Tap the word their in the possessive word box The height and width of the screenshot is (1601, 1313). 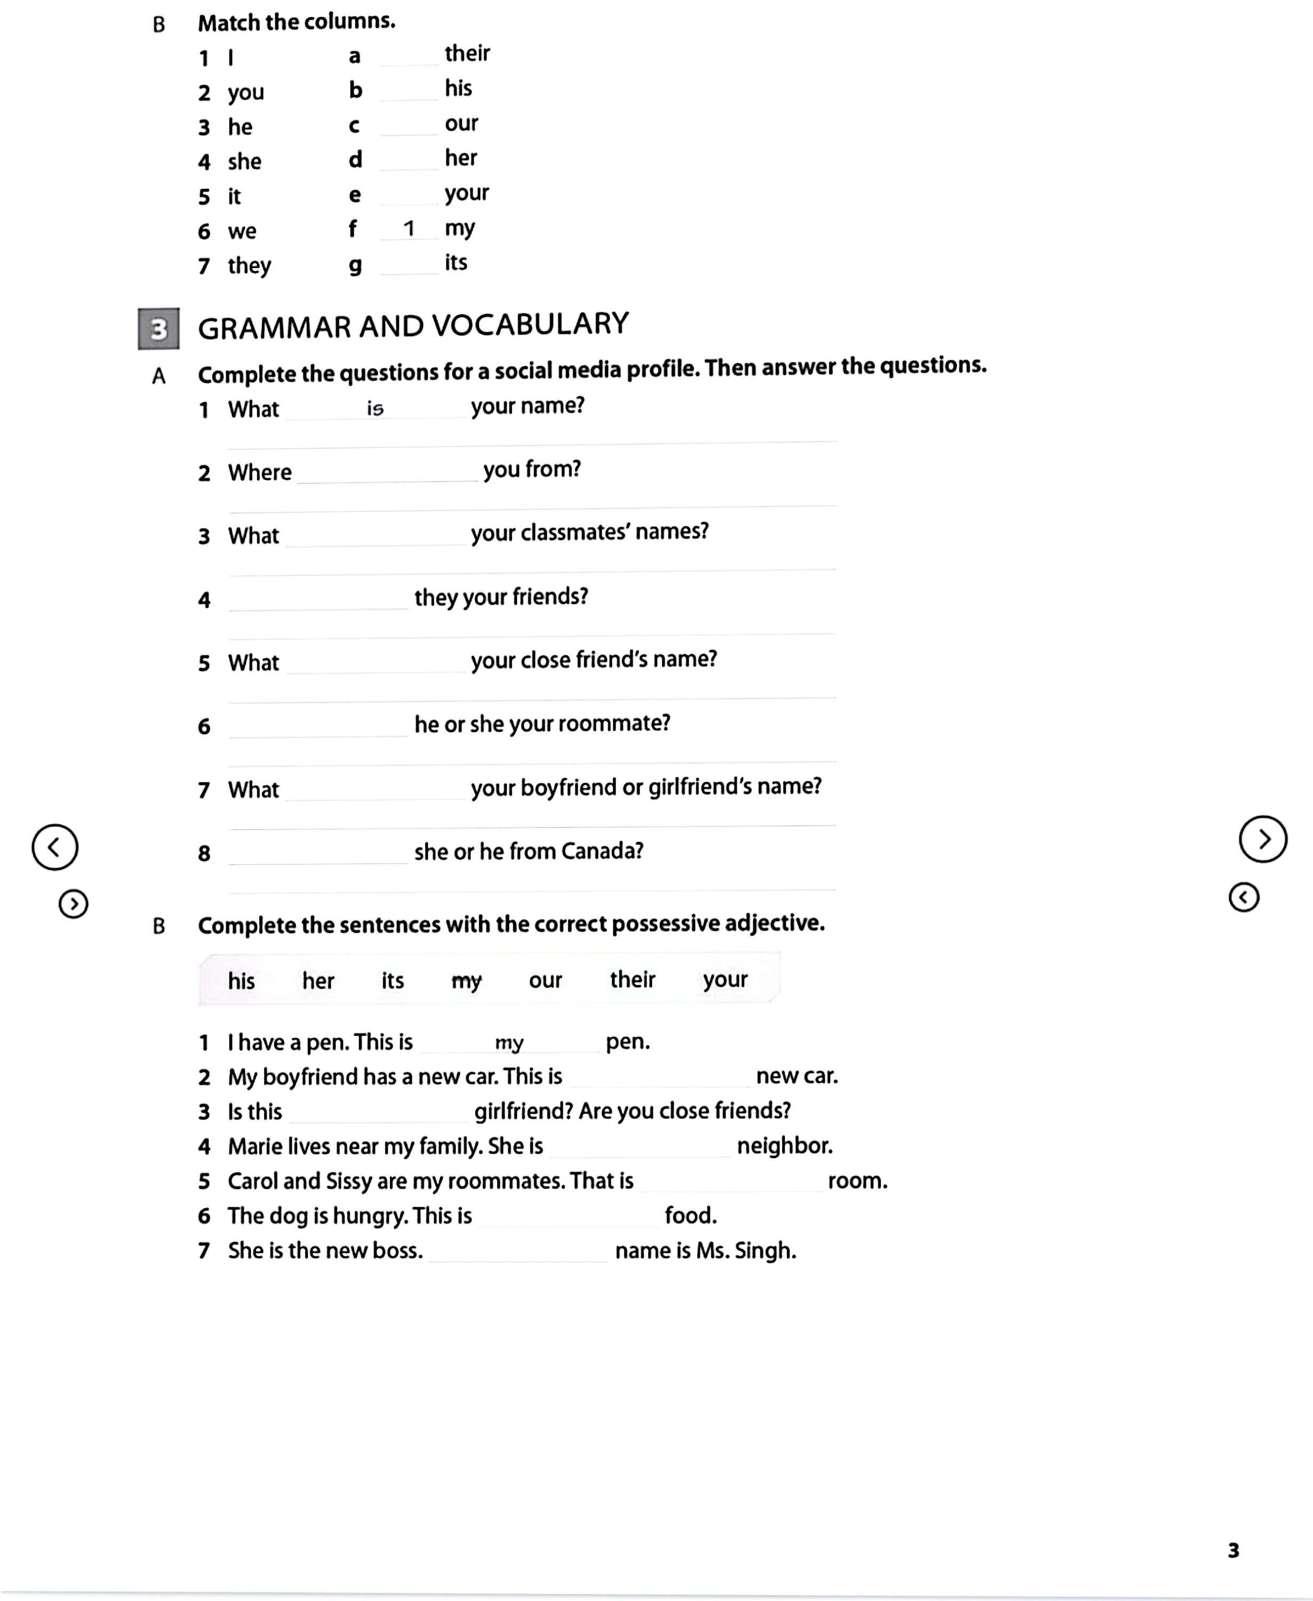pos(632,980)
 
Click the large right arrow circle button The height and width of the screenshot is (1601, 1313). pos(1262,839)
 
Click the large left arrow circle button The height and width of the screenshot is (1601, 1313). pos(54,846)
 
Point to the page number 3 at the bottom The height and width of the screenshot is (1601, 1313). pos(1234,1550)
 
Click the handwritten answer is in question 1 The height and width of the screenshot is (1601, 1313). pos(375,409)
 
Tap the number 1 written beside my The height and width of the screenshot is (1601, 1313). pos(409,228)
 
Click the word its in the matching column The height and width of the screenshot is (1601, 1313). pos(456,263)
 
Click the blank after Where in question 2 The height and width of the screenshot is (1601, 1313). pos(387,474)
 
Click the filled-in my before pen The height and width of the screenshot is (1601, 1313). pos(509,1043)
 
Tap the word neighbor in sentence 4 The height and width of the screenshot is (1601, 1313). pos(784,1146)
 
